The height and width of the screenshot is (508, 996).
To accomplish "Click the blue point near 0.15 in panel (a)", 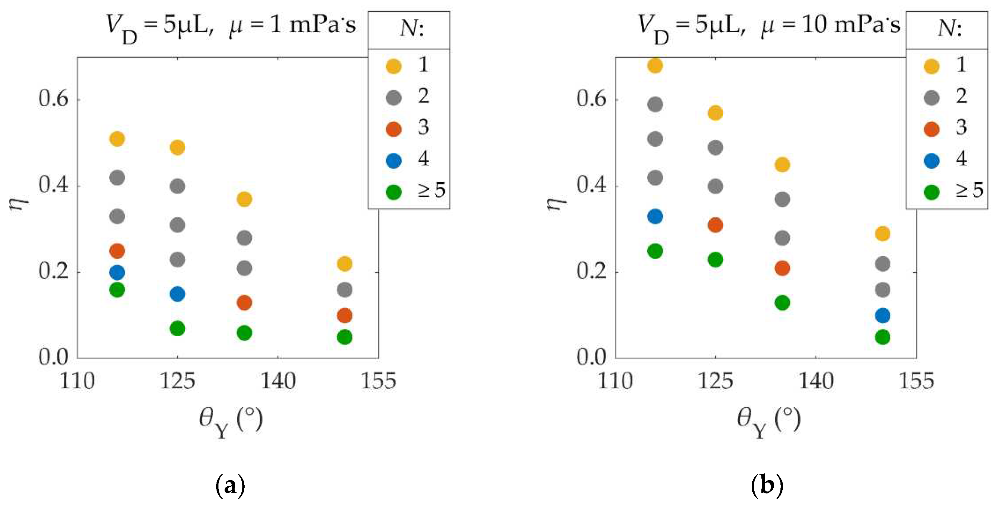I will (177, 294).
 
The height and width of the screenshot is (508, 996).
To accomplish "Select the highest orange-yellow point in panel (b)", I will (655, 65).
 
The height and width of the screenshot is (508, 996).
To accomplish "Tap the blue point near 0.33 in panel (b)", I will (655, 216).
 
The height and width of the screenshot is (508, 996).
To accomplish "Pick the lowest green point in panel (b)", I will (883, 337).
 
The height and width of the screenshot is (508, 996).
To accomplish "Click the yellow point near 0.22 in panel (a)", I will (344, 264).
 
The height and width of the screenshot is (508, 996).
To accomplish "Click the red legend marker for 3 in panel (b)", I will (931, 129).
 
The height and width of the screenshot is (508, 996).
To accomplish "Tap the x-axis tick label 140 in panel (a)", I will (278, 381).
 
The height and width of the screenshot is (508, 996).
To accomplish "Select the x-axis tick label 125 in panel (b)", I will (715, 381).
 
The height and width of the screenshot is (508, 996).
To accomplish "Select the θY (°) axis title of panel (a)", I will (231, 422).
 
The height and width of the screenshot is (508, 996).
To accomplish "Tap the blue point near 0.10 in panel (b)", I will (883, 315).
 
